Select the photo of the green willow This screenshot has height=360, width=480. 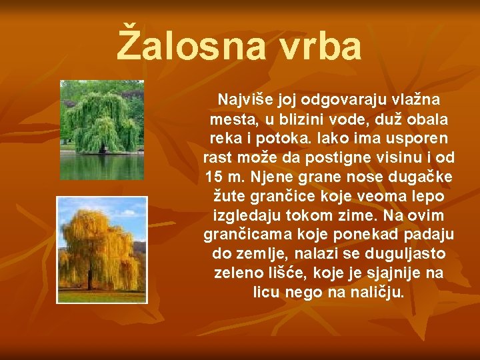click(x=101, y=130)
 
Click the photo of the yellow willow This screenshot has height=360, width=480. click(x=101, y=249)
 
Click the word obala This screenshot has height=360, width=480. click(x=427, y=119)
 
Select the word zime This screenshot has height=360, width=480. click(x=338, y=216)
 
